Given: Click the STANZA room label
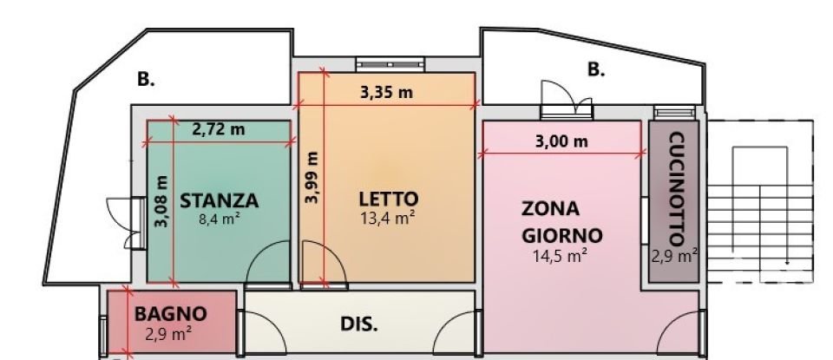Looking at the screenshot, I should coord(219,200).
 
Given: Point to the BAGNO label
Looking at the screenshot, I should coord(170,313).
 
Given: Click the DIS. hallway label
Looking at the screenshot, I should coord(357,325).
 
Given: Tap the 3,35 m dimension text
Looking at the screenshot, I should coord(386,93).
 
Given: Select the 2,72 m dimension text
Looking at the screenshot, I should coord(218,129).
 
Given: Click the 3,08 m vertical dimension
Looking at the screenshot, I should coord(161,202).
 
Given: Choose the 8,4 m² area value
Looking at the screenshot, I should coord(219,219).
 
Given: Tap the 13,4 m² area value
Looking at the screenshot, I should coord(386,218).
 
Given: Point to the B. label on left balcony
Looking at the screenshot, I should coord(146,79).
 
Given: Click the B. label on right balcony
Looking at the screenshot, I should coord(596,70).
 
